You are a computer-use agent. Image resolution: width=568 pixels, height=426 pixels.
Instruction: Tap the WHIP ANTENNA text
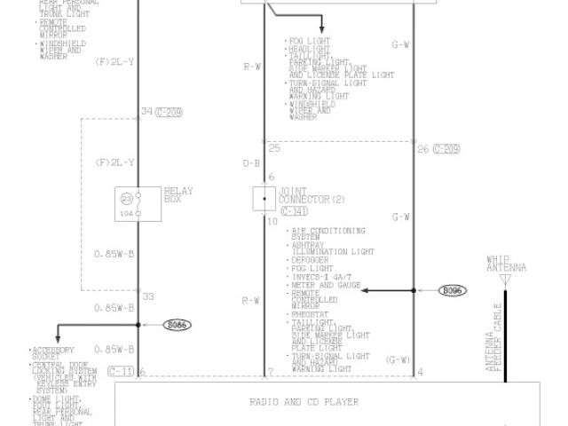tap(506, 264)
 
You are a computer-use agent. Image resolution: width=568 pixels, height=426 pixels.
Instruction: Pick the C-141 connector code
tap(293, 211)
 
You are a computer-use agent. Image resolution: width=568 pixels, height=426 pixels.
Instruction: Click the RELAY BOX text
tap(177, 194)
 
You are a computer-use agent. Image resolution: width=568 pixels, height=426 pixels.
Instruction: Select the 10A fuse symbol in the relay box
tap(128, 204)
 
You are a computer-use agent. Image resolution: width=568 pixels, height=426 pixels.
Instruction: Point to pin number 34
tap(146, 112)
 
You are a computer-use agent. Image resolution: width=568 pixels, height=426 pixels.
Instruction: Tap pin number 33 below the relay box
tap(147, 296)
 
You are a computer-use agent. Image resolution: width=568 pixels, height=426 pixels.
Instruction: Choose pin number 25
tap(274, 147)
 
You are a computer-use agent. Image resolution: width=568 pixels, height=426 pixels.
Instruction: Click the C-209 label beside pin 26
tap(446, 148)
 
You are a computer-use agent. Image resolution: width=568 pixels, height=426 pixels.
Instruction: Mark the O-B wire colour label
tap(251, 164)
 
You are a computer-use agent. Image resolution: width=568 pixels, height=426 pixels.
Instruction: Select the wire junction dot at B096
tap(414, 290)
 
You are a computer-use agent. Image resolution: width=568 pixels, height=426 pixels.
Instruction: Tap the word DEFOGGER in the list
tap(311, 260)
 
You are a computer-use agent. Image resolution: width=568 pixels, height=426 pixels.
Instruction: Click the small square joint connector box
tap(264, 198)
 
